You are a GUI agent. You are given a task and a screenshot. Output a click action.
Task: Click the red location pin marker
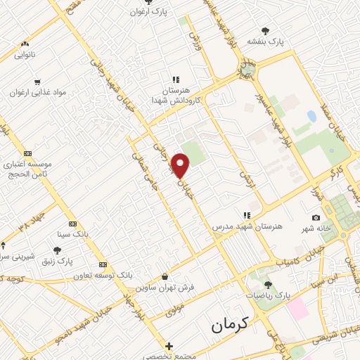pos(181,166)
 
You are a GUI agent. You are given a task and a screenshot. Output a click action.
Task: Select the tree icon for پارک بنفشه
pos(265,30)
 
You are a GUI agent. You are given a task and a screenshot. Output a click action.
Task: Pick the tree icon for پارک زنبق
pos(57,250)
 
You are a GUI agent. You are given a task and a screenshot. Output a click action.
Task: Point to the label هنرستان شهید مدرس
pos(247,227)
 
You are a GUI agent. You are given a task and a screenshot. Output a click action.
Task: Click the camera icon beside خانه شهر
pos(315,218)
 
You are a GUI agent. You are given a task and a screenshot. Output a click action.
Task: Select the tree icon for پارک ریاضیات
pos(267,285)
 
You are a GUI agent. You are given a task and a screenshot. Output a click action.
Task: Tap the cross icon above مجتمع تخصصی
pos(169,346)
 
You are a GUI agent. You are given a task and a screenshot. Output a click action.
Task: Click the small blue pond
pos(311,116)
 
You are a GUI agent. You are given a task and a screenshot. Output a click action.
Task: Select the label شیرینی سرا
pos(10,256)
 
